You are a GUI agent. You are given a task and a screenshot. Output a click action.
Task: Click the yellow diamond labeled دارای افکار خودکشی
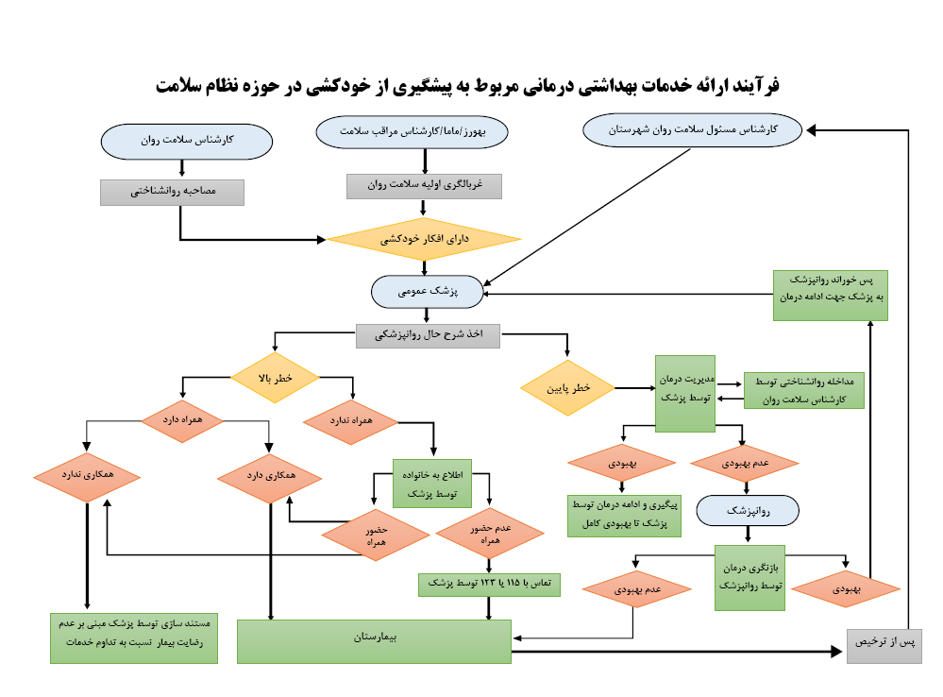pos(424,239)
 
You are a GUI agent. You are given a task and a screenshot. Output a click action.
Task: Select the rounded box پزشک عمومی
pos(429,292)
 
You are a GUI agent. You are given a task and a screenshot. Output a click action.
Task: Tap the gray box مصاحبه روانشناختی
pos(172,192)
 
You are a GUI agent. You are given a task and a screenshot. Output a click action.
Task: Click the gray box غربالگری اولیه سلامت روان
pos(424,186)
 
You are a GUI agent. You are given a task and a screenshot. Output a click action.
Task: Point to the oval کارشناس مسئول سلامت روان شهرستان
pos(692,129)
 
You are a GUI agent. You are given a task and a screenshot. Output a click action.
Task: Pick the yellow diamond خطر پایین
pos(567,387)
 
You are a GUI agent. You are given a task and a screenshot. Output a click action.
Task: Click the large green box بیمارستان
pos(374,640)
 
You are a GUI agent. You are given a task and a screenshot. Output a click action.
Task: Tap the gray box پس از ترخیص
pos(884,644)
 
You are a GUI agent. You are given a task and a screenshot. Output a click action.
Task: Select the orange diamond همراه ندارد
pos(351,417)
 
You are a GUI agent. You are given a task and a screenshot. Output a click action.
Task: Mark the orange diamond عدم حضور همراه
pos(489,535)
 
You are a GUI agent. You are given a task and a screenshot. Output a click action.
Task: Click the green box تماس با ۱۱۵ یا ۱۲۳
pos(489,585)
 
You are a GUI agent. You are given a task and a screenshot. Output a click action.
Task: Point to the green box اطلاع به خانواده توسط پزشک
pos(432,483)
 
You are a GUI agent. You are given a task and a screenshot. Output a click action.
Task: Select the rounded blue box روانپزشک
pos(749,511)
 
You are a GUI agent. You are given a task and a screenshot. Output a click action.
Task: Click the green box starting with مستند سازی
pos(133,637)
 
